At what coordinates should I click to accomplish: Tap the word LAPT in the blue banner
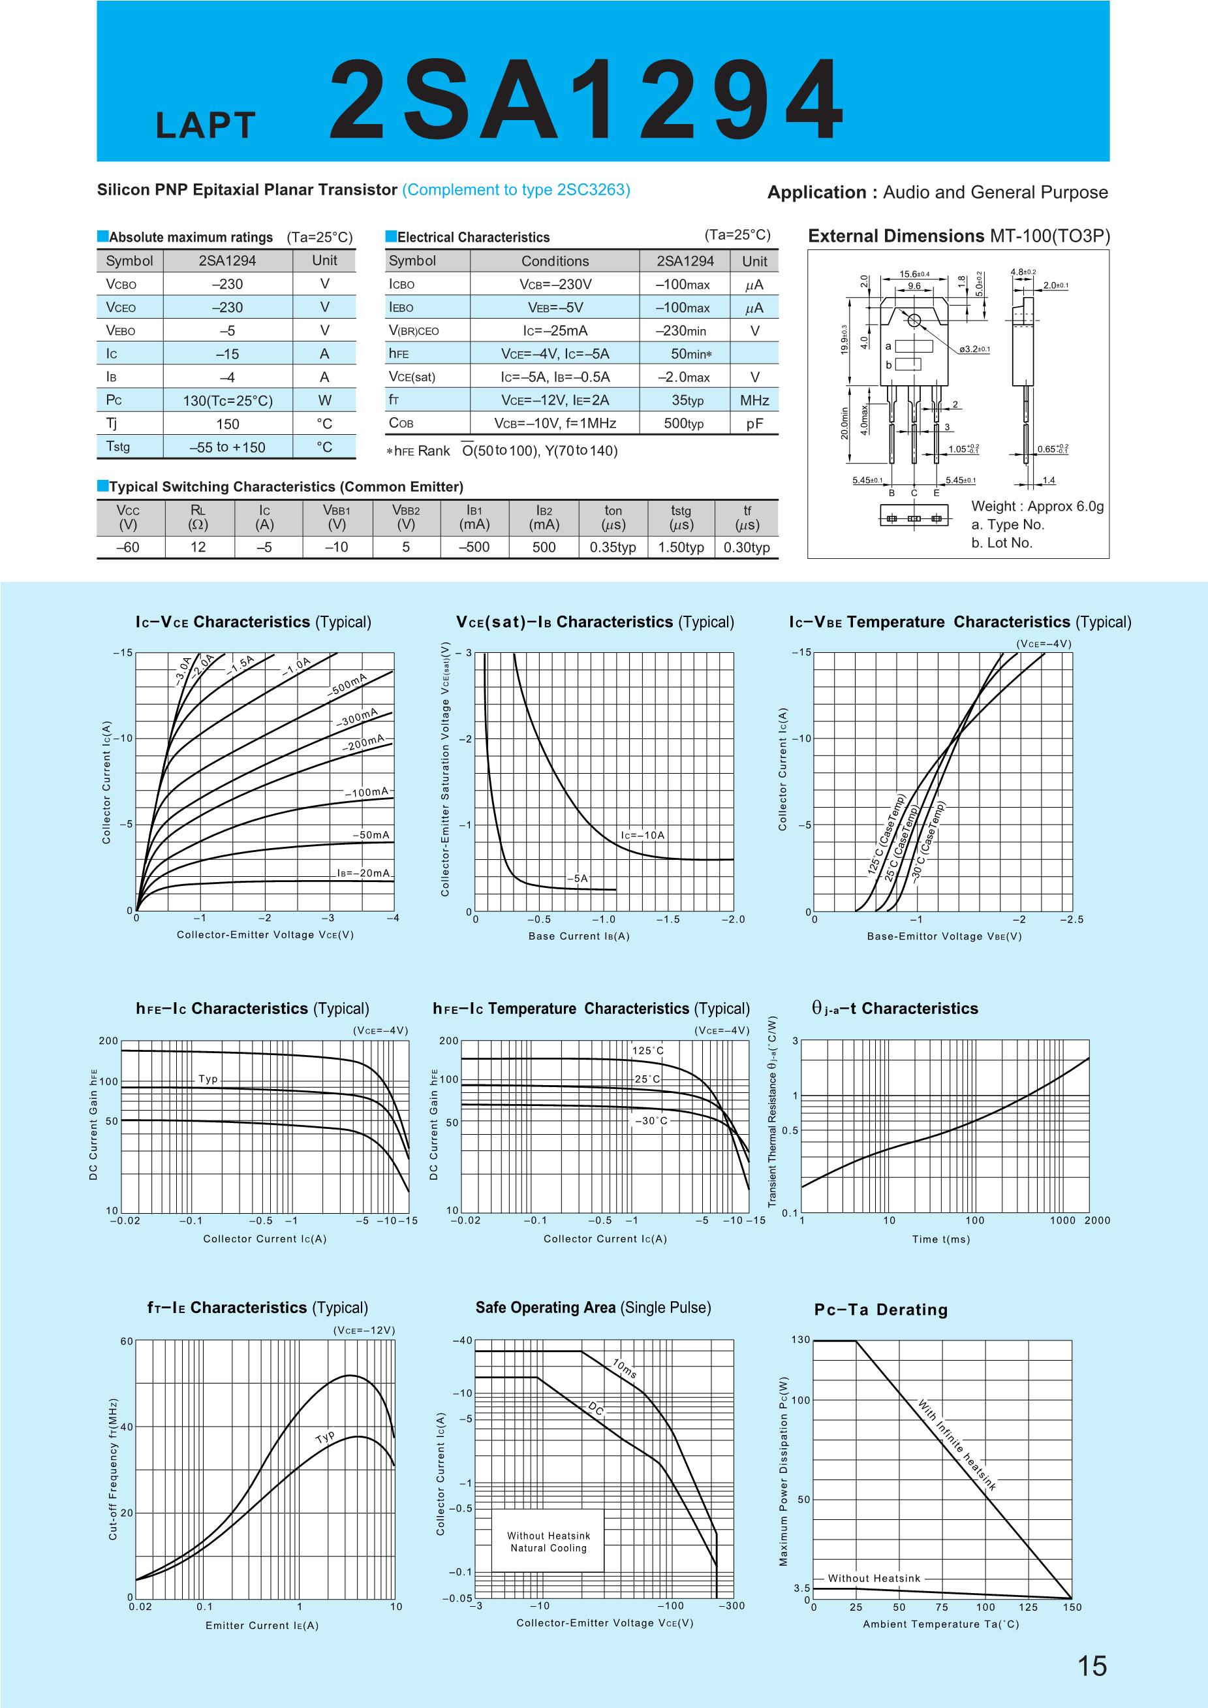206,127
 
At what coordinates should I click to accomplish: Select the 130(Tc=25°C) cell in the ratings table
228,400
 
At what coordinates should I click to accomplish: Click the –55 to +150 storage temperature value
228,447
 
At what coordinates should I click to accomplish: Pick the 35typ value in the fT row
687,400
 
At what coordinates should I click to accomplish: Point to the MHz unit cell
754,400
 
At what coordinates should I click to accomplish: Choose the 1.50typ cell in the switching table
681,547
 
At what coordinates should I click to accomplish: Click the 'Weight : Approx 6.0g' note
1037,506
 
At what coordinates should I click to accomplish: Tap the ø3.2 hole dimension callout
974,349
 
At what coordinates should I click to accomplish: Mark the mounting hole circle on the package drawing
914,320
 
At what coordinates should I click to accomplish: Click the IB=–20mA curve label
363,873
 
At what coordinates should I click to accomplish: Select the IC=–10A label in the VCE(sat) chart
643,835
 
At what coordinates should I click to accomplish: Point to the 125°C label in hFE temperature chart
647,1050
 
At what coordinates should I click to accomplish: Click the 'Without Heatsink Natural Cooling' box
548,1542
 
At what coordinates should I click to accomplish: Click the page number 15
1091,1665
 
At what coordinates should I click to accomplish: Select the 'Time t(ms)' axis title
941,1239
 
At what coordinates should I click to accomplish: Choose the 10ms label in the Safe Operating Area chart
624,1368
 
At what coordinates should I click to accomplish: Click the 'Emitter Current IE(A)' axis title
262,1625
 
